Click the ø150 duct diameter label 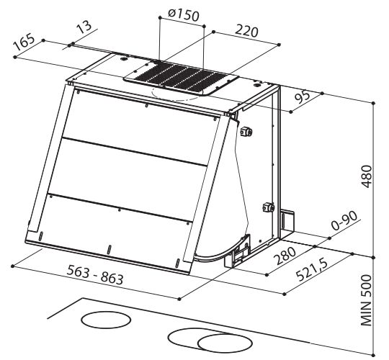point(184,15)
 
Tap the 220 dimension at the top point(246,31)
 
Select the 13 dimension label point(84,27)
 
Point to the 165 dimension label point(24,42)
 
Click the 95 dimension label point(303,98)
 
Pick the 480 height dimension point(367,176)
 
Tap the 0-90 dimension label point(344,220)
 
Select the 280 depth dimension point(285,256)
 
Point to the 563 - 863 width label point(95,275)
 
